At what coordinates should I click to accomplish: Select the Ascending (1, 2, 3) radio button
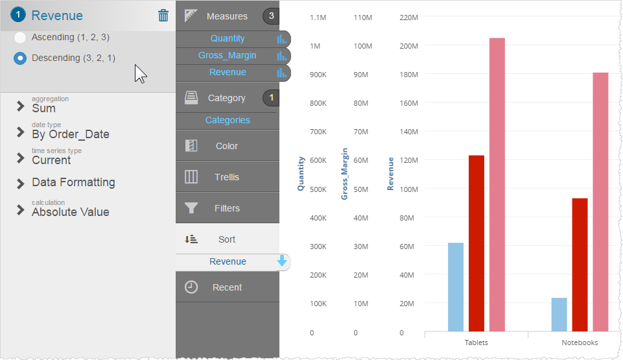coord(20,38)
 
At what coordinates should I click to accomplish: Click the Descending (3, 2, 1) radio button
coord(20,58)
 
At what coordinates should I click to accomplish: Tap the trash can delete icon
coord(163,16)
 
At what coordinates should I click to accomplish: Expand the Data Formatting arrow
coord(21,183)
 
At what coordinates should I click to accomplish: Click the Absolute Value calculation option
coord(70,212)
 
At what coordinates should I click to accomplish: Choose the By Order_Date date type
coord(70,134)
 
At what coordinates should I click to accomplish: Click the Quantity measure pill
coord(228,39)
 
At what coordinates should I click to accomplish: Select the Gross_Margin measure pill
coord(228,56)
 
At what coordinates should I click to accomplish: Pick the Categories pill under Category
coord(228,120)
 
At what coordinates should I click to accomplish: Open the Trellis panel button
coord(227,177)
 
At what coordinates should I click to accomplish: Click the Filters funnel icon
coord(191,208)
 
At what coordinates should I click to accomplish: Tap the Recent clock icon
coord(191,287)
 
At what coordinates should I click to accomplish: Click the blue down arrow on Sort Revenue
coord(282,261)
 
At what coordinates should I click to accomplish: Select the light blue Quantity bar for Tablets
coord(456,287)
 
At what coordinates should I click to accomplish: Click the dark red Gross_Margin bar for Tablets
coord(476,243)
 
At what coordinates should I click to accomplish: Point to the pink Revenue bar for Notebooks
coord(601,201)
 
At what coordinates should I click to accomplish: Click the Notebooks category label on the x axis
coord(580,342)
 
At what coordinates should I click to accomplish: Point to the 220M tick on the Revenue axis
coord(408,17)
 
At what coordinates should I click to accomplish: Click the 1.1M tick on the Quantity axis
coord(318,17)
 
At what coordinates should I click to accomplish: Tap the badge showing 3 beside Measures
coord(270,16)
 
